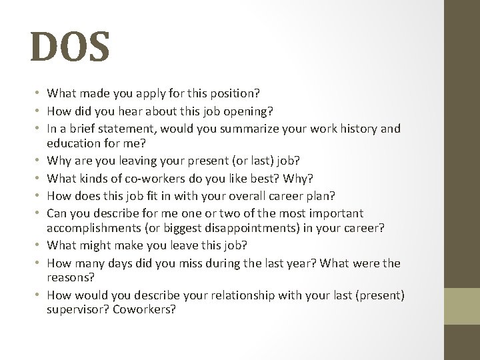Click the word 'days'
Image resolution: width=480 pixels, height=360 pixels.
(x=138, y=263)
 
